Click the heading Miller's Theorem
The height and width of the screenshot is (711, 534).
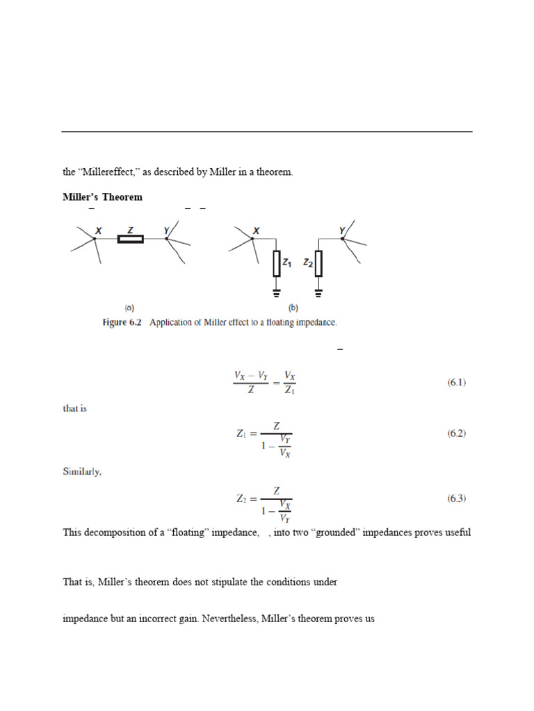coord(102,197)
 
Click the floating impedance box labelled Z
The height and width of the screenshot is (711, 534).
coord(131,240)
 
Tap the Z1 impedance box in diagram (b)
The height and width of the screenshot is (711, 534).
coord(276,263)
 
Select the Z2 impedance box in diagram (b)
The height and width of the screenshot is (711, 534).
coord(318,263)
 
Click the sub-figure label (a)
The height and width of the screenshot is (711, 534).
coord(129,307)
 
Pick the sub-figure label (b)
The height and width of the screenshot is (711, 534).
coord(293,307)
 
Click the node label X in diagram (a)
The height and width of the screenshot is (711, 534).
coord(99,230)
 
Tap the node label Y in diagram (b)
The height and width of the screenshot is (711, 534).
coord(341,230)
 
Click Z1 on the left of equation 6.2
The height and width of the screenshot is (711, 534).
coord(242,435)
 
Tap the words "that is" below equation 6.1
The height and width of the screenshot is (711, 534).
coord(75,409)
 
